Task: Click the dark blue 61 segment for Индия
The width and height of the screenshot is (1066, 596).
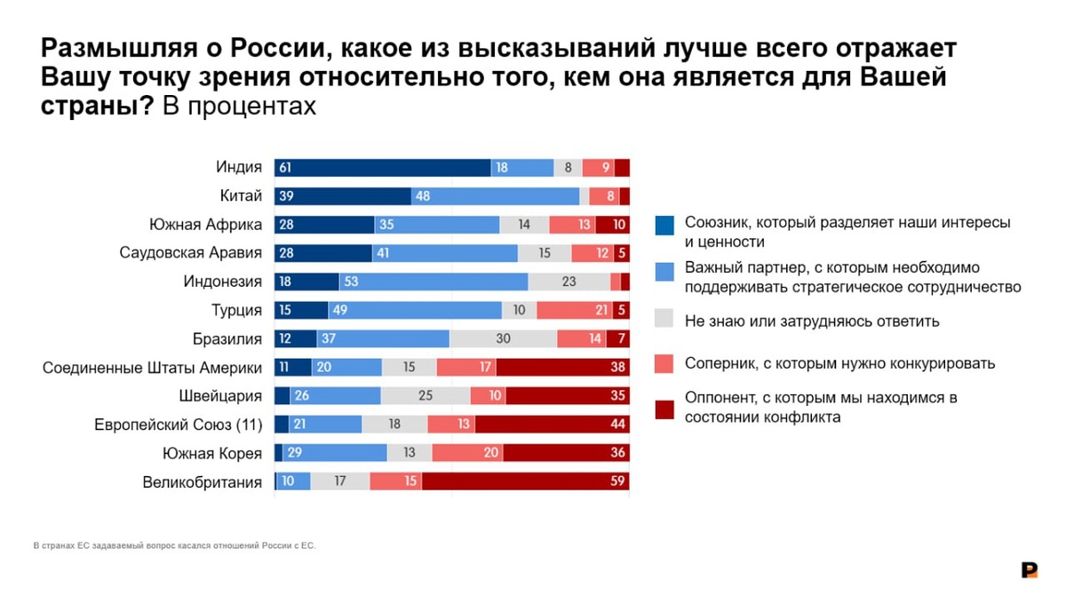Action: (x=383, y=167)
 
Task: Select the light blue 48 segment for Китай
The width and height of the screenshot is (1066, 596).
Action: (x=495, y=196)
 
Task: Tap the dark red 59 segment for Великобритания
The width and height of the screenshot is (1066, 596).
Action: (x=526, y=481)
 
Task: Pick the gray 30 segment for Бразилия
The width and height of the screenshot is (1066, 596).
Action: (x=503, y=338)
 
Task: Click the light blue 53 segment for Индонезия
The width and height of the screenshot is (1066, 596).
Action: (x=434, y=282)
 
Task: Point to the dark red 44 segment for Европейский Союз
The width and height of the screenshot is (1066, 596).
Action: (x=553, y=425)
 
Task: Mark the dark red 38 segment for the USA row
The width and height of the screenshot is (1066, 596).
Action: (x=563, y=368)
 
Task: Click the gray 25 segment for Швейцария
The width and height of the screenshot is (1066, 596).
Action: (x=426, y=396)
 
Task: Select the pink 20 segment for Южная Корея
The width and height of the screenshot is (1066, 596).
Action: (x=467, y=453)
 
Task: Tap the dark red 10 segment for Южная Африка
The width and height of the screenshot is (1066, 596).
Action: (x=613, y=225)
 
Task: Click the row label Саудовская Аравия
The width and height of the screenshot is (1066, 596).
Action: (x=190, y=253)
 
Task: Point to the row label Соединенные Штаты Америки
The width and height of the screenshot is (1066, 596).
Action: (x=152, y=368)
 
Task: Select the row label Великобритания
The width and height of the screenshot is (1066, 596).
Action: (x=202, y=482)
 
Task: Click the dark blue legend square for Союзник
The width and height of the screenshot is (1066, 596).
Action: (x=664, y=226)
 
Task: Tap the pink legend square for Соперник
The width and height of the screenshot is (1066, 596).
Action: (x=664, y=363)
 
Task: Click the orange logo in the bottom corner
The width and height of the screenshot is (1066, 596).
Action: (x=1030, y=570)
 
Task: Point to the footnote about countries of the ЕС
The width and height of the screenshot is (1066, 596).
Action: (x=174, y=545)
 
